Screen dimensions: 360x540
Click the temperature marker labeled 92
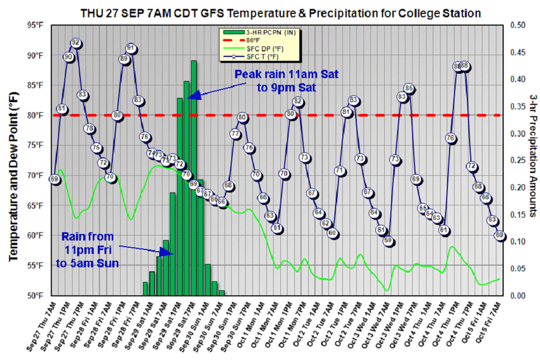(75, 43)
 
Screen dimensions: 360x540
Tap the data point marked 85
(409, 88)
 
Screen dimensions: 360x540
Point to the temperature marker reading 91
(131, 48)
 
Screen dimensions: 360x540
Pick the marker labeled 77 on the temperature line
(235, 133)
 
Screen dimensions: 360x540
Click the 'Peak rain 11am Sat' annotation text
(286, 74)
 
